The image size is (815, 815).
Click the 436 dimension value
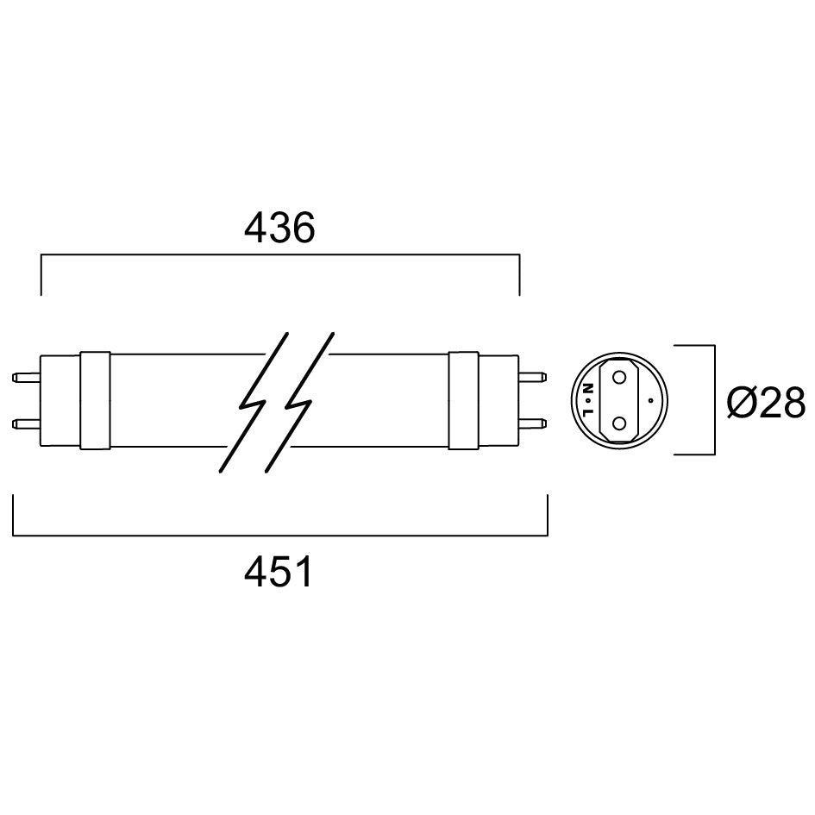(x=279, y=228)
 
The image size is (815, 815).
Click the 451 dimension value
(x=279, y=572)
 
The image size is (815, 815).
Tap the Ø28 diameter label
(x=766, y=402)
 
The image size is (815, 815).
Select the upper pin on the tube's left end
(x=26, y=377)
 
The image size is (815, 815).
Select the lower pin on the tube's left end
(x=26, y=423)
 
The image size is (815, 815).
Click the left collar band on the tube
(x=95, y=400)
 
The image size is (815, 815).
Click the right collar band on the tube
(x=463, y=399)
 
